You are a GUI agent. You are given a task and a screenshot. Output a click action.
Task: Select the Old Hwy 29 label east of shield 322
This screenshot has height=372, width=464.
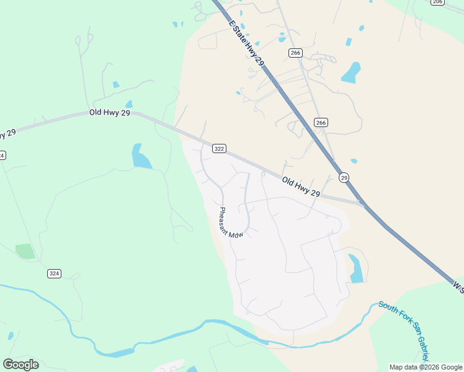[x=301, y=187]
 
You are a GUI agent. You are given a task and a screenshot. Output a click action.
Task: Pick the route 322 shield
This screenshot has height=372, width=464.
[x=218, y=149]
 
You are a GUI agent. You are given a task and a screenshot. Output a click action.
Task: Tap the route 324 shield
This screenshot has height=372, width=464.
[x=54, y=273]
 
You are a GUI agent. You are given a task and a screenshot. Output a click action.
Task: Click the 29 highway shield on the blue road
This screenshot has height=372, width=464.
[x=344, y=178]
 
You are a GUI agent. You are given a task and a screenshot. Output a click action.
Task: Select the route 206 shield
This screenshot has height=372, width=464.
[x=438, y=2]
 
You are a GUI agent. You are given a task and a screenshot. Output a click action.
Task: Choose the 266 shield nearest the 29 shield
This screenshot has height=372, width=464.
[x=320, y=123]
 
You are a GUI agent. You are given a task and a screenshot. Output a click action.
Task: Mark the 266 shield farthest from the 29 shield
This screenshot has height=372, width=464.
[x=295, y=53]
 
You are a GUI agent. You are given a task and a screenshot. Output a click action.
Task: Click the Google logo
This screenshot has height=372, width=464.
[x=20, y=365]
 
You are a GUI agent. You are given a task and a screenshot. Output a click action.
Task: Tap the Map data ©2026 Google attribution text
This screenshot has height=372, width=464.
[x=426, y=367]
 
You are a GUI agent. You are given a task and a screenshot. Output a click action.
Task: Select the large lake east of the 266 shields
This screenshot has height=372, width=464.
[x=351, y=73]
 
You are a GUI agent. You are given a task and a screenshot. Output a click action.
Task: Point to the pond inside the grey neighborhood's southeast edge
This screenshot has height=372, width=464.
[x=355, y=269]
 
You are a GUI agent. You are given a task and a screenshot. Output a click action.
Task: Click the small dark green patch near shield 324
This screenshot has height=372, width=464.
[x=25, y=251]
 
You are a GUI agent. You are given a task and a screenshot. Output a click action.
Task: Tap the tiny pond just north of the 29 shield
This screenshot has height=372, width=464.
[x=354, y=161]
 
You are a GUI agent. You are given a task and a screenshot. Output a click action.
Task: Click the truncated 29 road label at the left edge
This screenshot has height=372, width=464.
[x=7, y=133]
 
